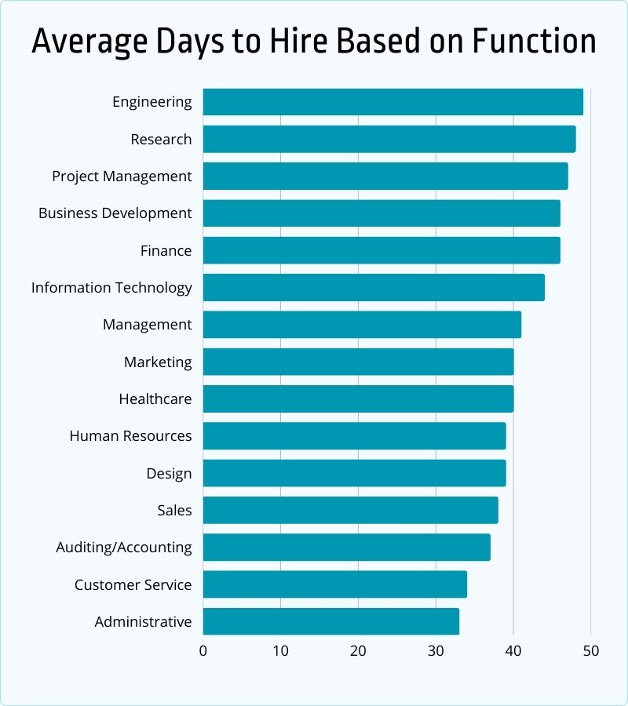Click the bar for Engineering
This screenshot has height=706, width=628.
click(392, 102)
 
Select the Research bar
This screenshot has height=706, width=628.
click(389, 139)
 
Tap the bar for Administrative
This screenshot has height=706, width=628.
click(330, 621)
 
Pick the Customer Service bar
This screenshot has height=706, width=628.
click(334, 584)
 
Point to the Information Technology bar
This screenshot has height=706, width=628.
click(374, 287)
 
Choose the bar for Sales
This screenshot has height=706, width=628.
click(350, 510)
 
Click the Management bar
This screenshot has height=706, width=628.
click(362, 324)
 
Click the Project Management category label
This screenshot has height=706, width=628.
click(122, 176)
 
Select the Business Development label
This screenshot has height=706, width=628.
click(115, 213)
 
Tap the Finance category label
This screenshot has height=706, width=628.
click(166, 250)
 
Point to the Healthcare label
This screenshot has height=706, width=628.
click(155, 398)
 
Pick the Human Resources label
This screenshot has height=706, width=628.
click(130, 435)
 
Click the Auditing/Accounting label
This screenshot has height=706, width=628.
click(123, 547)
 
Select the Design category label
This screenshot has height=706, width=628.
click(169, 473)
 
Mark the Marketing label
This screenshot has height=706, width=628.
click(158, 362)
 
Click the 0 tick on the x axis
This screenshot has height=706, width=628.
click(203, 651)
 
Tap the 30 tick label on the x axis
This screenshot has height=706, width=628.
click(436, 651)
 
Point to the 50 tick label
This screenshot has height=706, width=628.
click(590, 651)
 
